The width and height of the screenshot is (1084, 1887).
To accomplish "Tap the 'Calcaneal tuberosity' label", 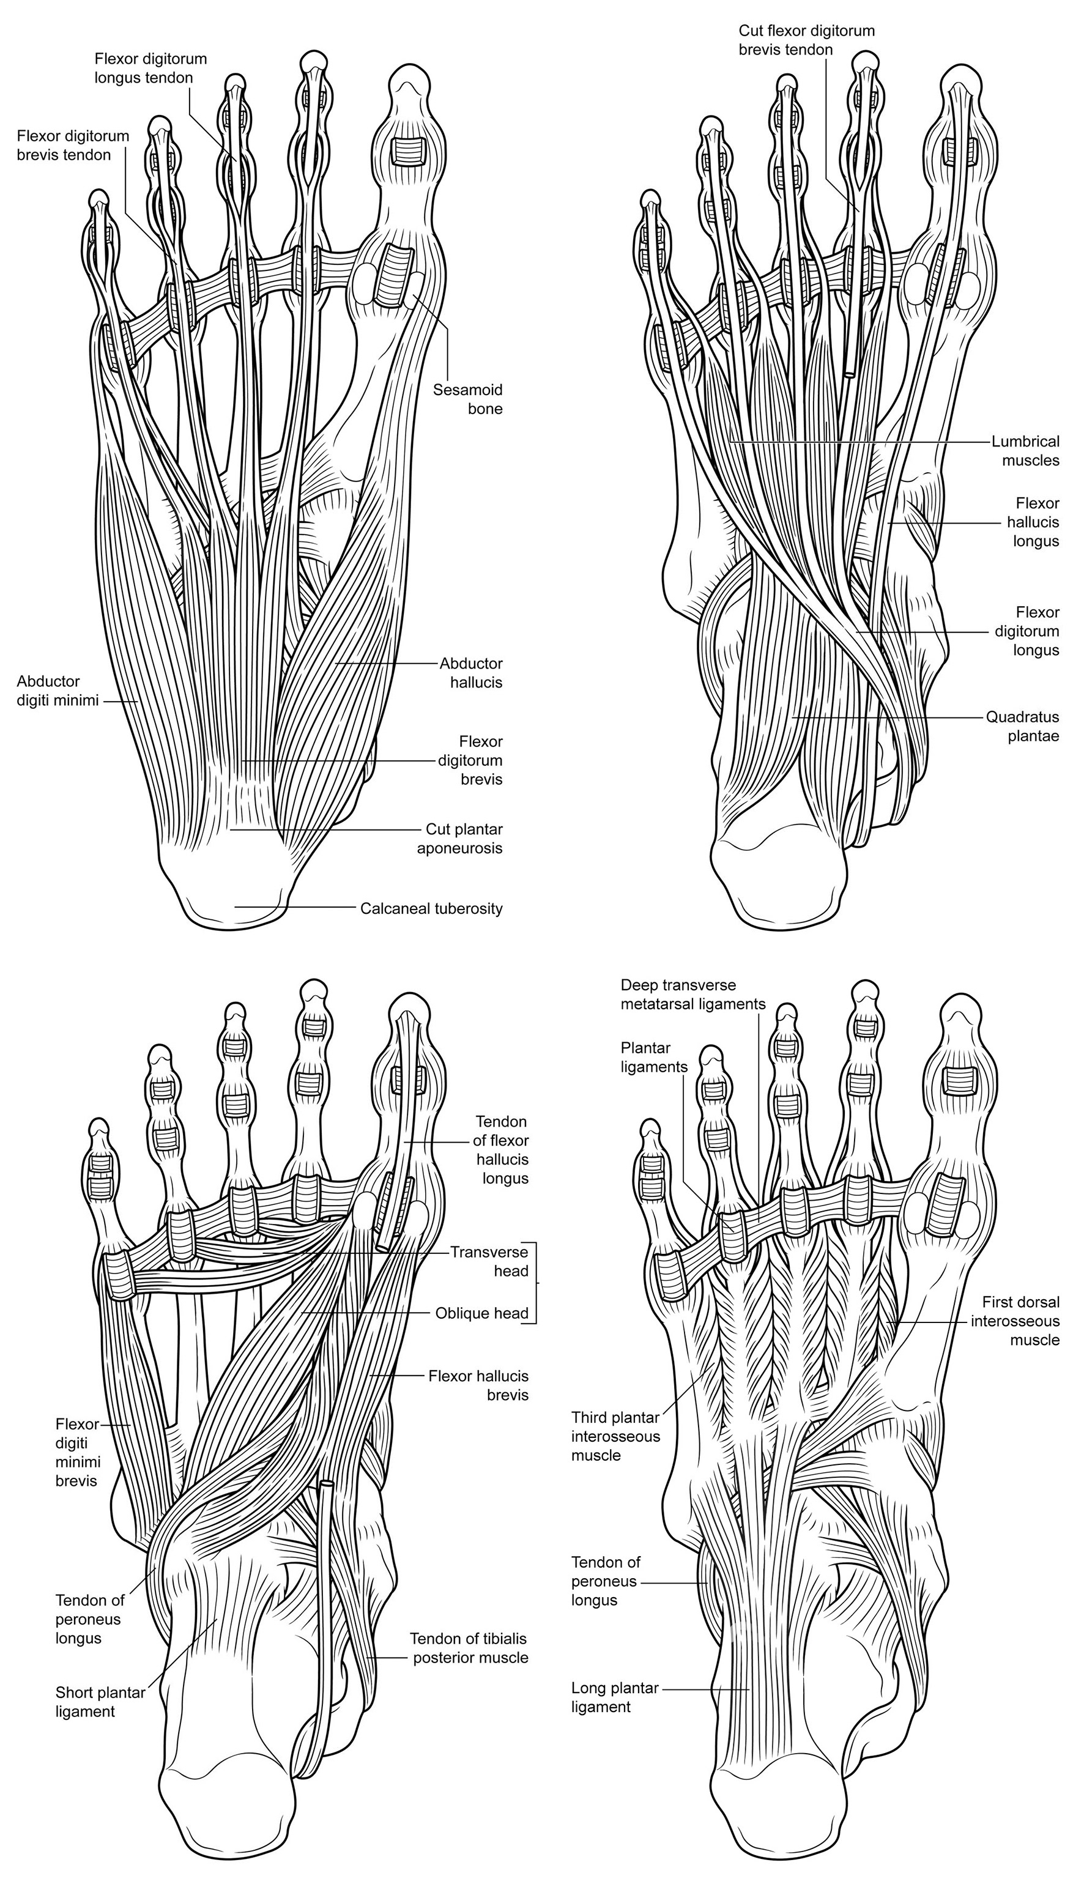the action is tap(431, 908).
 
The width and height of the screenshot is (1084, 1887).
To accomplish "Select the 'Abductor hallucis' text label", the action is tap(470, 672).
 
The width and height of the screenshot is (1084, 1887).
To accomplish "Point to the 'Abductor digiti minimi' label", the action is tap(58, 690).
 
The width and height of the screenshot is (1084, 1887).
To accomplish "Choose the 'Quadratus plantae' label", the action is tap(1022, 727).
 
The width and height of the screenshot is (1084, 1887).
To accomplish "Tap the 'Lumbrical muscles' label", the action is tap(1025, 450).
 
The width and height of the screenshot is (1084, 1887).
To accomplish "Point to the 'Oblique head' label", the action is tap(481, 1313).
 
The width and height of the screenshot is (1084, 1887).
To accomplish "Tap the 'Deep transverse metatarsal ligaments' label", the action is tap(693, 994).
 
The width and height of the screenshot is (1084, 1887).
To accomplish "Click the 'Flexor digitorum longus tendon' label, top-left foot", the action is tap(150, 68).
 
